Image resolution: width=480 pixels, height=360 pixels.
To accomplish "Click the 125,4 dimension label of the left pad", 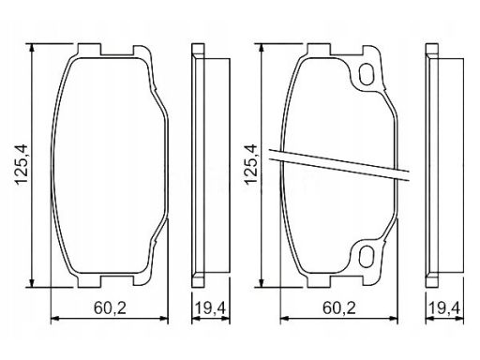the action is tap(22, 165).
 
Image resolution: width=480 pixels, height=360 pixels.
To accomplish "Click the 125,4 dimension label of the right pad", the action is tap(251, 165).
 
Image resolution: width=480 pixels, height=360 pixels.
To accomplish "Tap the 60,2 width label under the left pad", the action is tap(110, 309).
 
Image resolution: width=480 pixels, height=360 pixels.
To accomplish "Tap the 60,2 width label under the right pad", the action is tap(339, 309).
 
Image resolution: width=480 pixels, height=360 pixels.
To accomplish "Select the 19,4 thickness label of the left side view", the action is tap(210, 309).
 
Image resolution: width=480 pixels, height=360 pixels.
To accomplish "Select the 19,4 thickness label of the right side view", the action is tap(444, 309).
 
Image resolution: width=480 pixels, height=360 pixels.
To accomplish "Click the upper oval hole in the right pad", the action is tap(366, 74).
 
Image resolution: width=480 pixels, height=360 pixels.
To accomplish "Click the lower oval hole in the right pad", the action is tap(366, 256).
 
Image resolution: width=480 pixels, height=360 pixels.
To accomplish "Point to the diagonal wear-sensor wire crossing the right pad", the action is tap(339, 165).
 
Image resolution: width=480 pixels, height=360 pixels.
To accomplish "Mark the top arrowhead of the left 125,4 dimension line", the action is tap(31, 48).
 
